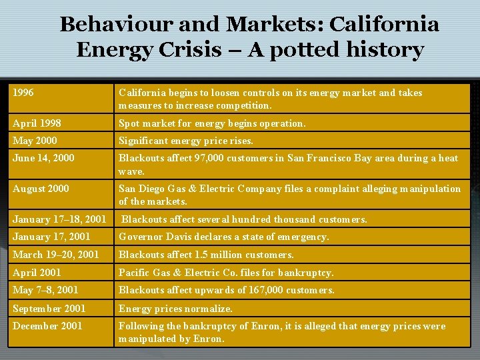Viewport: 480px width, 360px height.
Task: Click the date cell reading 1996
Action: pos(23,93)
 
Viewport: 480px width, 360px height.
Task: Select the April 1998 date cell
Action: pos(37,123)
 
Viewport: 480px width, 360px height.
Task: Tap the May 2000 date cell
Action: pos(35,141)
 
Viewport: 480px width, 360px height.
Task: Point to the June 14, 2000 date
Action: pos(43,158)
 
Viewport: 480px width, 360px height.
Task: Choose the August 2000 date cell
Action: pos(41,189)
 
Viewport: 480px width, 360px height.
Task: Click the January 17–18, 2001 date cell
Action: pos(59,219)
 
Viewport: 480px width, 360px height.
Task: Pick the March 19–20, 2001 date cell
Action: pos(55,255)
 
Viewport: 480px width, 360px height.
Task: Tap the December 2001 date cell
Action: pos(47,326)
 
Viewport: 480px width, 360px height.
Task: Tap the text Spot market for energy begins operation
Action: pos(212,123)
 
